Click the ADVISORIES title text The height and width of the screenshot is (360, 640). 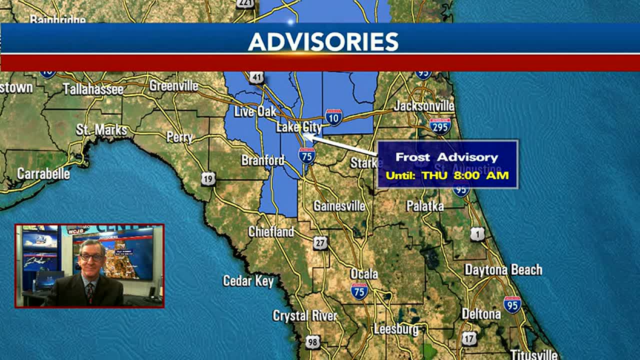[x=323, y=42]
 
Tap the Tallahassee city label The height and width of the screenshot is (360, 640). [x=93, y=89]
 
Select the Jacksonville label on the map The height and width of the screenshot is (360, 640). [x=424, y=106]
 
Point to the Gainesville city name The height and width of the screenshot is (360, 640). [x=339, y=205]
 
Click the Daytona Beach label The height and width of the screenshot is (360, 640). [x=503, y=270]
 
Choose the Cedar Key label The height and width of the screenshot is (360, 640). [x=248, y=281]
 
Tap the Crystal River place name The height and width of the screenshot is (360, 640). [x=304, y=316]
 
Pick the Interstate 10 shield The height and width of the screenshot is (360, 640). [x=333, y=116]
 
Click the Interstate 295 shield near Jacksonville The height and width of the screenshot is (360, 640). [x=440, y=125]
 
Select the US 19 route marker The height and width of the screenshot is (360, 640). [x=208, y=178]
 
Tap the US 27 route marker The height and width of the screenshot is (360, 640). [x=320, y=243]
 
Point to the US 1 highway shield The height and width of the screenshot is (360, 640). [x=477, y=233]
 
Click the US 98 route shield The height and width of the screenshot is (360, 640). [x=312, y=342]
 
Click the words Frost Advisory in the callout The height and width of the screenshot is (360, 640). [x=446, y=157]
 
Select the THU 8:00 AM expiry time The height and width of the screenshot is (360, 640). [x=465, y=175]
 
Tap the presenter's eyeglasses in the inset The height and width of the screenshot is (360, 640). [x=91, y=257]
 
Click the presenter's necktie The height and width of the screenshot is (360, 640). [x=89, y=291]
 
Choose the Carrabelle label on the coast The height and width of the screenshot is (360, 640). [x=43, y=174]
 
